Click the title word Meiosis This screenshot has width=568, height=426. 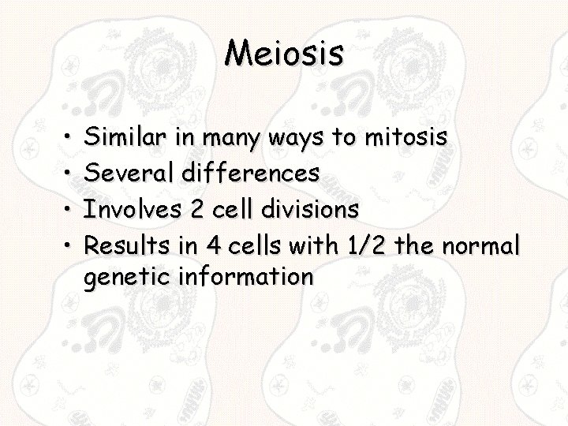284,53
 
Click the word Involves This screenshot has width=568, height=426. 130,209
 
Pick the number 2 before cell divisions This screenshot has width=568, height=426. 196,209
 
